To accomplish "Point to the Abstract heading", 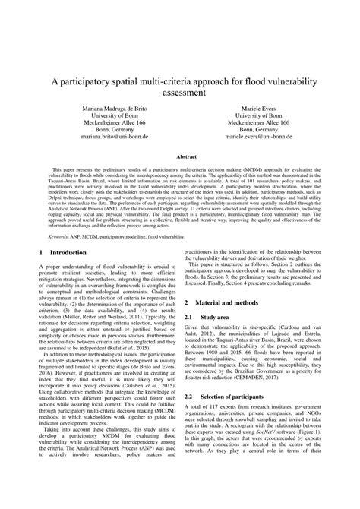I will point(180,156).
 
